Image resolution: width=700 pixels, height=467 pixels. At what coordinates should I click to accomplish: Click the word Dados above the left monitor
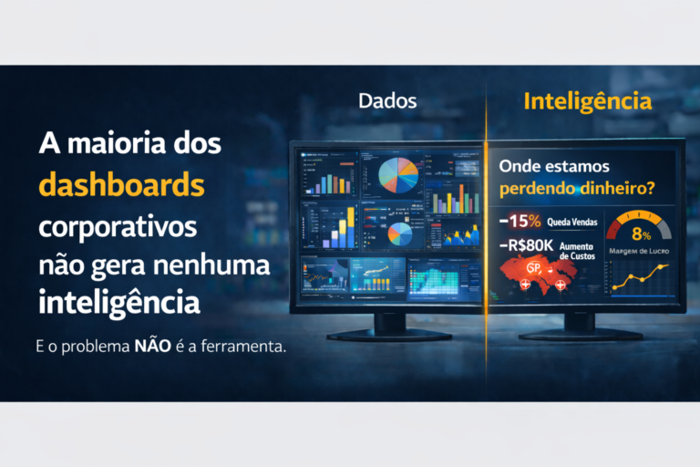point(387,101)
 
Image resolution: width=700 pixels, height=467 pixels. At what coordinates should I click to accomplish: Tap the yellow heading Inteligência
point(588,101)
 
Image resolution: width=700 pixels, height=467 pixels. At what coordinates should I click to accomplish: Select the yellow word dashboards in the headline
point(121,185)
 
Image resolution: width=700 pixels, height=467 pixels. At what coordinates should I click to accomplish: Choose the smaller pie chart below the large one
point(399,233)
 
